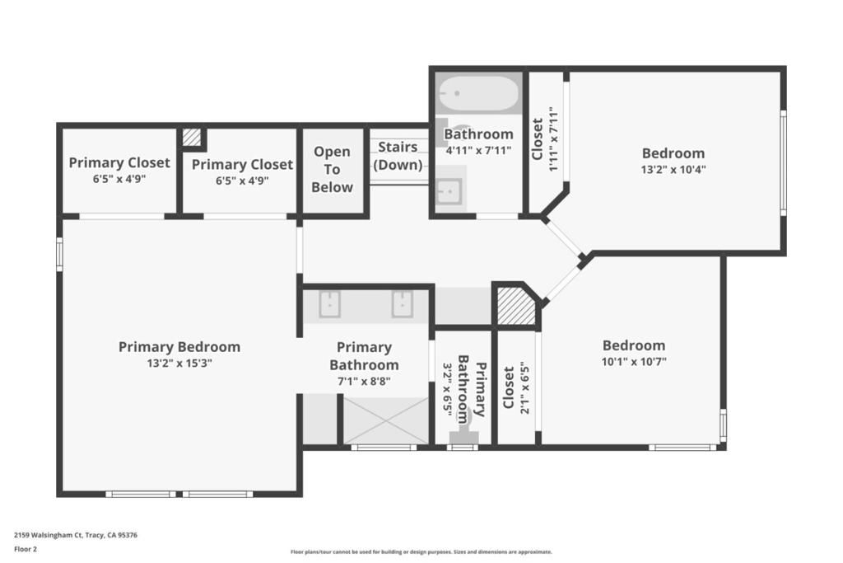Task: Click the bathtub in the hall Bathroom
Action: click(478, 94)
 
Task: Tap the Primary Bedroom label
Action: click(179, 347)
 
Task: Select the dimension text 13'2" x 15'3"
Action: click(179, 364)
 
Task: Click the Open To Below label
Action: click(333, 169)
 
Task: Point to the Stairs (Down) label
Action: click(398, 156)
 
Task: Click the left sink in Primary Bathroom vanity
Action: click(329, 304)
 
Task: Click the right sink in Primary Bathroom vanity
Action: click(402, 304)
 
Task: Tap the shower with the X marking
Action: click(385, 420)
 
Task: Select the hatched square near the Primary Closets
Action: click(192, 138)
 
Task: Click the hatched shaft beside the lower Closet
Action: click(515, 306)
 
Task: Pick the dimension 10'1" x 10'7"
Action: click(634, 361)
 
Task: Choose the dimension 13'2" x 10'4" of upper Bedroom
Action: click(673, 169)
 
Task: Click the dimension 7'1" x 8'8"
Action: click(364, 381)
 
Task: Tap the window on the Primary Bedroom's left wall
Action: click(59, 254)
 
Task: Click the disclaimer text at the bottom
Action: click(421, 552)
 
